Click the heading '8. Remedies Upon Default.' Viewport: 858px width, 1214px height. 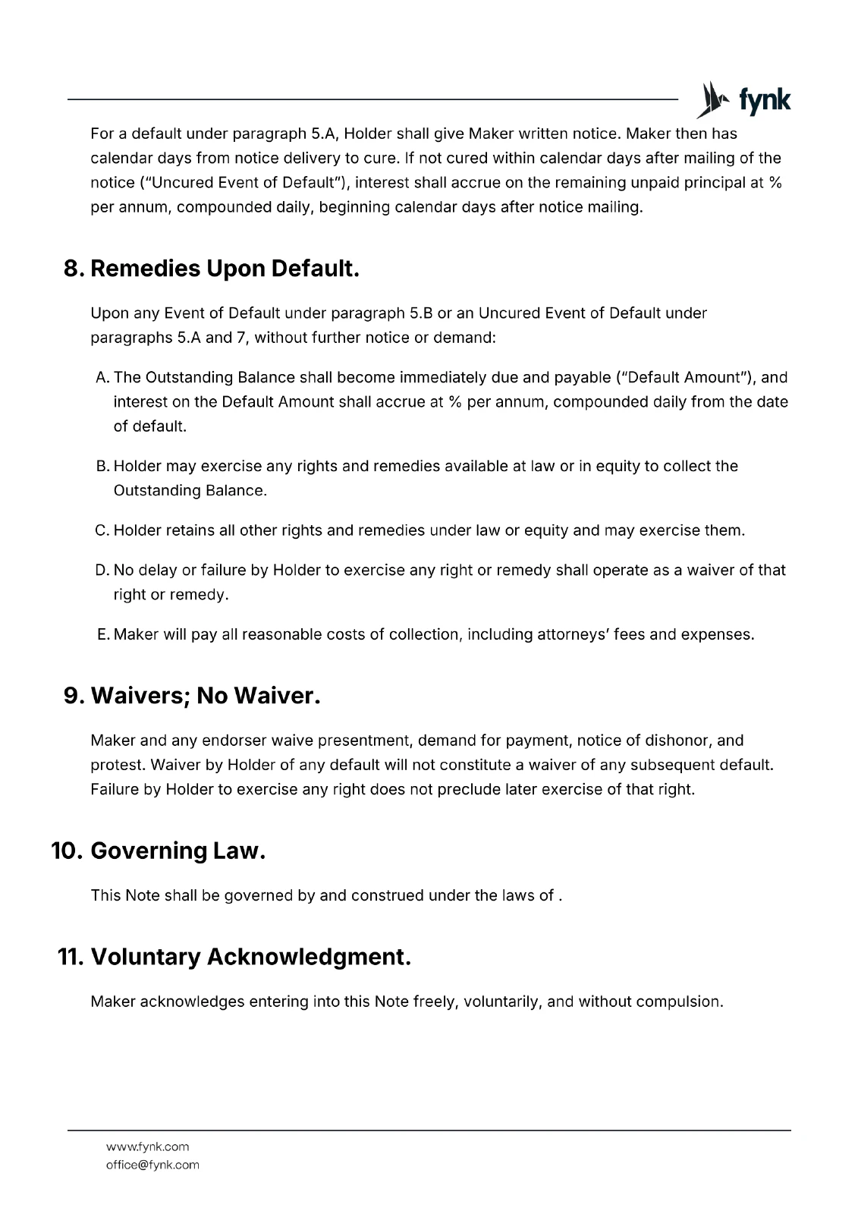point(211,269)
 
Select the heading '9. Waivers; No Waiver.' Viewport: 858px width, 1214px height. point(192,695)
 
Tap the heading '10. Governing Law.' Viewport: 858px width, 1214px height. point(159,851)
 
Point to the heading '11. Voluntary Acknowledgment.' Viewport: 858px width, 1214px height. point(234,957)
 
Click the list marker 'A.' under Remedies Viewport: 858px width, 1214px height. point(103,378)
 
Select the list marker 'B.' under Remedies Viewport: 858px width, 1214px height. point(103,466)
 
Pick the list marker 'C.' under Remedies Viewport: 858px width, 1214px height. point(103,530)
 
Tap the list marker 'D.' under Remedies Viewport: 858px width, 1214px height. point(103,570)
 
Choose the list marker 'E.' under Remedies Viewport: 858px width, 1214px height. point(104,634)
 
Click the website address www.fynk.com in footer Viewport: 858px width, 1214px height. point(148,1146)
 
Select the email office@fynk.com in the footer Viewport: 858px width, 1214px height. point(152,1165)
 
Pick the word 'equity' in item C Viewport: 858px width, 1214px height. point(545,530)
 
